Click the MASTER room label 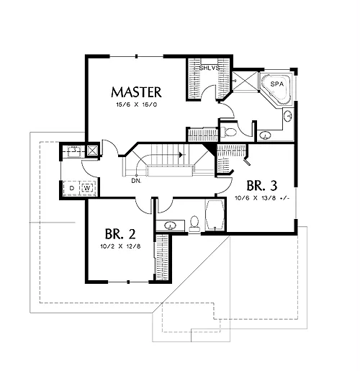tap(136, 92)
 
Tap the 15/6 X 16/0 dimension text tap(137, 104)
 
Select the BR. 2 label tap(120, 234)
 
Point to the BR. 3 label tap(262, 186)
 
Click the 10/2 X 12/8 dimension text tap(120, 246)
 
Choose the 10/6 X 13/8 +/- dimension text tap(262, 198)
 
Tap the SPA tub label tap(277, 84)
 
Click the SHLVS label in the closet tap(210, 68)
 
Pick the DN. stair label tap(136, 181)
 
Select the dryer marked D tap(72, 188)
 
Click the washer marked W tap(87, 188)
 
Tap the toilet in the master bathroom tap(228, 132)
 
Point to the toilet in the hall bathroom tap(194, 224)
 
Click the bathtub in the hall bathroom tap(215, 215)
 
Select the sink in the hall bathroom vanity tap(171, 225)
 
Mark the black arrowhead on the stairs tap(181, 155)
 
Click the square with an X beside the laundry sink tap(92, 151)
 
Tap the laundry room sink tap(74, 151)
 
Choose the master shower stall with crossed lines tap(245, 81)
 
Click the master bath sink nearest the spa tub tap(288, 116)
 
